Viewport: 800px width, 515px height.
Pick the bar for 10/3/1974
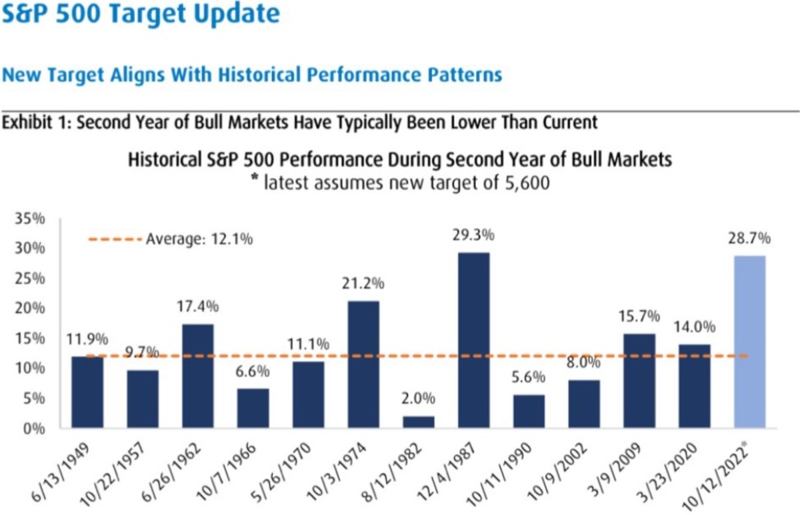[x=363, y=364]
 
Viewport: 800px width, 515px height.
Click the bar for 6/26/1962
[x=198, y=376]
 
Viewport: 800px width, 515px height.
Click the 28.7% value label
[x=752, y=238]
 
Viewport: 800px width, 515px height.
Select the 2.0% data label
[x=418, y=400]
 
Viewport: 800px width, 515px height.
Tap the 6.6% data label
[x=252, y=370]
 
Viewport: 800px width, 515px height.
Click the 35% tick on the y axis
[x=30, y=219]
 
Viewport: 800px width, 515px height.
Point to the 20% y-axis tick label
[x=30, y=309]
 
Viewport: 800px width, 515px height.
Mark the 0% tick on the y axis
[x=34, y=428]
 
